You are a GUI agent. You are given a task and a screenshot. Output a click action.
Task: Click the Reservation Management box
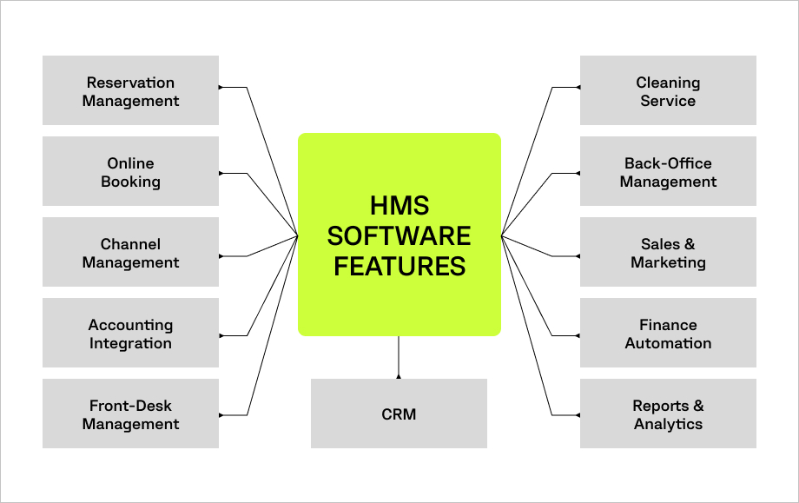coord(130,91)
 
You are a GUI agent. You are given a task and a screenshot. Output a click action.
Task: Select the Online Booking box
coord(130,172)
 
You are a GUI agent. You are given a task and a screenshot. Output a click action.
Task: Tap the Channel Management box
coord(130,253)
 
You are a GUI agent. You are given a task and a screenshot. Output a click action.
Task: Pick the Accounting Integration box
coord(130,334)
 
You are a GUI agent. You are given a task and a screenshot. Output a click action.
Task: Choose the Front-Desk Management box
coord(130,414)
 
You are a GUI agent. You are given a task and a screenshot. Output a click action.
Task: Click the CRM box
coord(399,414)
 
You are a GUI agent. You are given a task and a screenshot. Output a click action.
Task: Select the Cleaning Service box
coord(668,91)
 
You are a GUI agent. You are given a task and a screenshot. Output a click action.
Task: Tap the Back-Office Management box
coord(668,172)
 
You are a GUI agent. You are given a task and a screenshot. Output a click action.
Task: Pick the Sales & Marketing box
coord(668,253)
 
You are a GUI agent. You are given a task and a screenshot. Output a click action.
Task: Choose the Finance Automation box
coord(668,334)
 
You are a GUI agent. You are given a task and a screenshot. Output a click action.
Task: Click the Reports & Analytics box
coord(668,414)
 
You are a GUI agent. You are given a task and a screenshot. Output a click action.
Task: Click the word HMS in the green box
coord(399,206)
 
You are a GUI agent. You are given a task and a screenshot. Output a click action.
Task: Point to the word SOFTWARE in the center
coord(399,235)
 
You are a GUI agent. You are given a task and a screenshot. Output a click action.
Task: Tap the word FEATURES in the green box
coord(399,266)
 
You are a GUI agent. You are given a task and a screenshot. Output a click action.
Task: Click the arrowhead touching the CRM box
coord(399,376)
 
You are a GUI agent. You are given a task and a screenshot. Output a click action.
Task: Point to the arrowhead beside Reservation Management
coord(221,88)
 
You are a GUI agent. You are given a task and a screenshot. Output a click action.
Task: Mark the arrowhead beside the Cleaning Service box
coord(578,88)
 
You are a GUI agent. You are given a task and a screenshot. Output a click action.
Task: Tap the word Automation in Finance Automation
coord(668,343)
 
